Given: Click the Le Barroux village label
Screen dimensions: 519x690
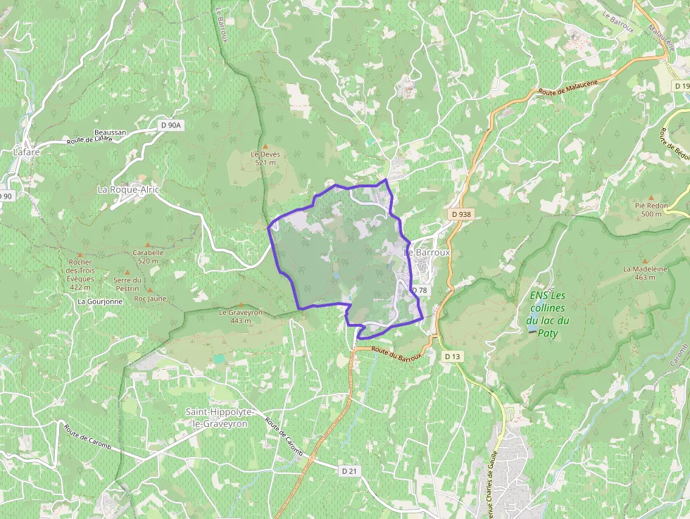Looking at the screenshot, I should pyautogui.click(x=427, y=251).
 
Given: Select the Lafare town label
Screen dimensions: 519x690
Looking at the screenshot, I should pyautogui.click(x=27, y=151).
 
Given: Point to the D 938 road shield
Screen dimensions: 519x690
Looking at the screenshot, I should pyautogui.click(x=460, y=213).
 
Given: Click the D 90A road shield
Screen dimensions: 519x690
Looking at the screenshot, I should pyautogui.click(x=170, y=125).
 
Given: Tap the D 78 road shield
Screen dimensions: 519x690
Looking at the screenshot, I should pyautogui.click(x=419, y=290).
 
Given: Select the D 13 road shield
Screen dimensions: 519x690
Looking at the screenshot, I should pyautogui.click(x=452, y=357).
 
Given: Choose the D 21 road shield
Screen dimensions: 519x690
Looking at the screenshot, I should pyautogui.click(x=349, y=470).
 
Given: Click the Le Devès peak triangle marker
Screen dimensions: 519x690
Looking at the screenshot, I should pyautogui.click(x=265, y=146).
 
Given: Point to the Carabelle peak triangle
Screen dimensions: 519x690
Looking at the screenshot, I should pyautogui.click(x=148, y=244).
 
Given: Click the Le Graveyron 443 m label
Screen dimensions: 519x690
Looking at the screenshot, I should pyautogui.click(x=240, y=316).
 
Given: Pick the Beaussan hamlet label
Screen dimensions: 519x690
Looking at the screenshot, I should pyautogui.click(x=111, y=132).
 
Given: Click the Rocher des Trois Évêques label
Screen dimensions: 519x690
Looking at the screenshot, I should pyautogui.click(x=80, y=275).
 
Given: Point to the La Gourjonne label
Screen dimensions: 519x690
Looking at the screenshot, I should pyautogui.click(x=100, y=301).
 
